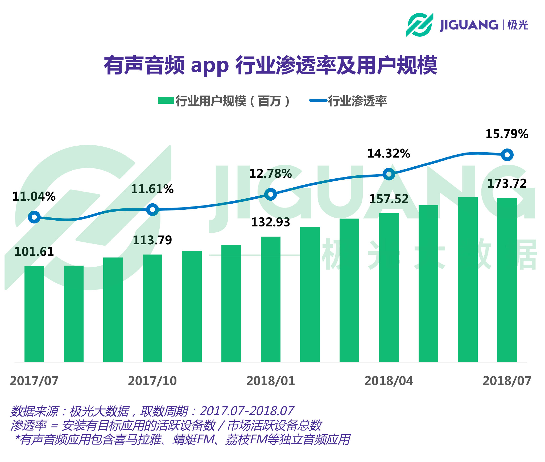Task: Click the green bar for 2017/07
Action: tap(34, 314)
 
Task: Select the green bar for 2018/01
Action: tap(271, 299)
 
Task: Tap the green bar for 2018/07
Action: tap(507, 280)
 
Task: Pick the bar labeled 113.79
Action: tap(152, 308)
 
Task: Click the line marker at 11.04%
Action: tap(34, 217)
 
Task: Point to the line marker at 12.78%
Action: tap(271, 194)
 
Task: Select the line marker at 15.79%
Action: tap(507, 155)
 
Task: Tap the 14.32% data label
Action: tap(389, 154)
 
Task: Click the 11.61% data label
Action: tap(152, 189)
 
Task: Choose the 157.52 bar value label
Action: tap(389, 199)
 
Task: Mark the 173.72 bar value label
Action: tap(507, 184)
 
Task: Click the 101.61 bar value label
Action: tap(34, 252)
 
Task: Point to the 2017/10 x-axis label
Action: tap(152, 381)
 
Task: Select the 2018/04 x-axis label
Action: tap(389, 381)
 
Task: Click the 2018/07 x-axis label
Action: tap(507, 381)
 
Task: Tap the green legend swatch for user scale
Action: tap(166, 100)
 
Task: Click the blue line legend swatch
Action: tap(318, 100)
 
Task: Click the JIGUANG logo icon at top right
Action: tap(419, 25)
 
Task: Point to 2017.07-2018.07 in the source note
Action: tap(247, 411)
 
